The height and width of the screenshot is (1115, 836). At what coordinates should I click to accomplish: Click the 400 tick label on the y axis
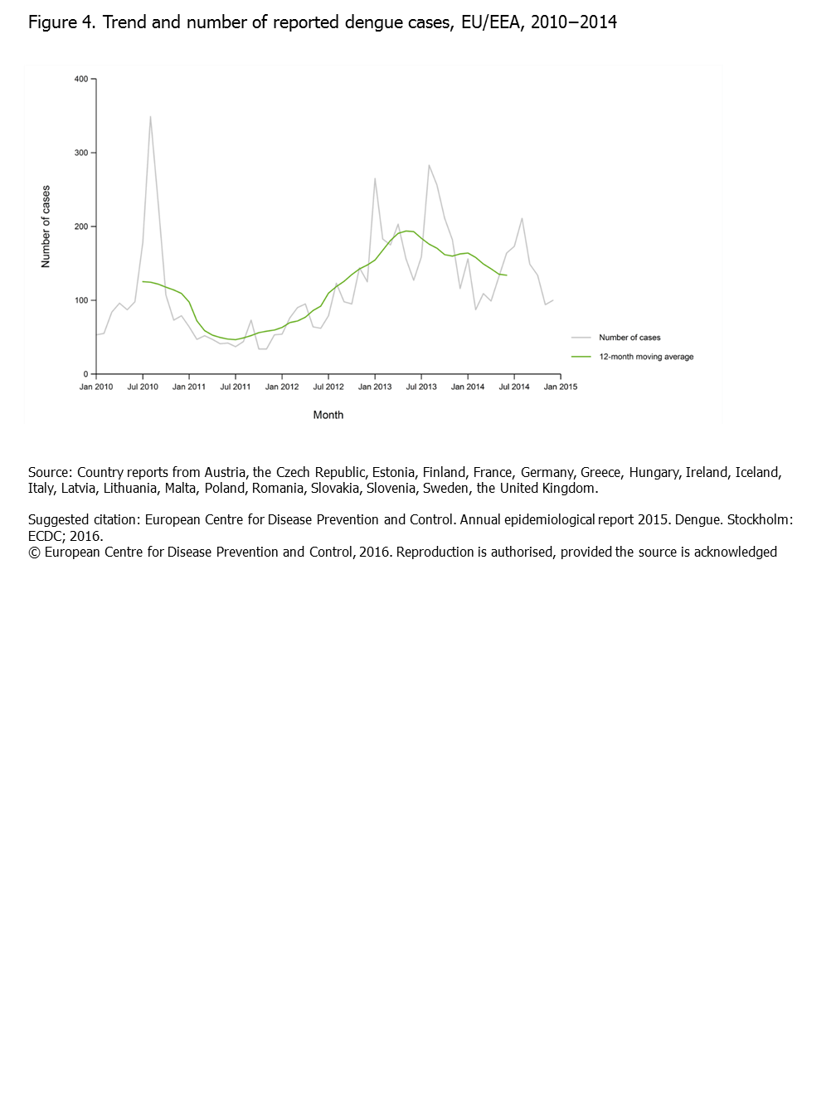pos(80,80)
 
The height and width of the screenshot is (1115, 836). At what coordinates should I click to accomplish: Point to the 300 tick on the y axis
pos(80,153)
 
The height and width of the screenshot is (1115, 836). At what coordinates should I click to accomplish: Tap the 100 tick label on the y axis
pos(80,300)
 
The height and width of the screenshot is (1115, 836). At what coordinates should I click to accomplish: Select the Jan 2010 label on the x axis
pos(96,387)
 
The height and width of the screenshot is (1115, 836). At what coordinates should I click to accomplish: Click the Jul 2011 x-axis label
pos(236,387)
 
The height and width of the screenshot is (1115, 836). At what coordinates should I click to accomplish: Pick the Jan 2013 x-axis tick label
pos(375,387)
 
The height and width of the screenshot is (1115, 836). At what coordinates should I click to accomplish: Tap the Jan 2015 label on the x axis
pos(561,387)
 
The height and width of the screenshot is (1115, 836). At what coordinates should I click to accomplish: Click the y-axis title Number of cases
pos(46,226)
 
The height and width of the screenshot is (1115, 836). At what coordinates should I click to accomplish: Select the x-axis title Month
pos(328,415)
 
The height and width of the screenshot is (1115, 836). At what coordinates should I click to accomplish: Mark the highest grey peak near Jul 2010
pos(150,116)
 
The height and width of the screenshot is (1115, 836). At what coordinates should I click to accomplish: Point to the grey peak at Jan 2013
pos(375,178)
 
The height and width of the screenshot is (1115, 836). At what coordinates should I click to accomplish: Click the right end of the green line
pos(506,275)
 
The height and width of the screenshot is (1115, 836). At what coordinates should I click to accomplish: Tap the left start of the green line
pos(143,281)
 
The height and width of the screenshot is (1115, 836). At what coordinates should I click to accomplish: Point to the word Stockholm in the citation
pos(759,520)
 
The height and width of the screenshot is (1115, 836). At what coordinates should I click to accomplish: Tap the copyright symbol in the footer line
pos(34,553)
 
